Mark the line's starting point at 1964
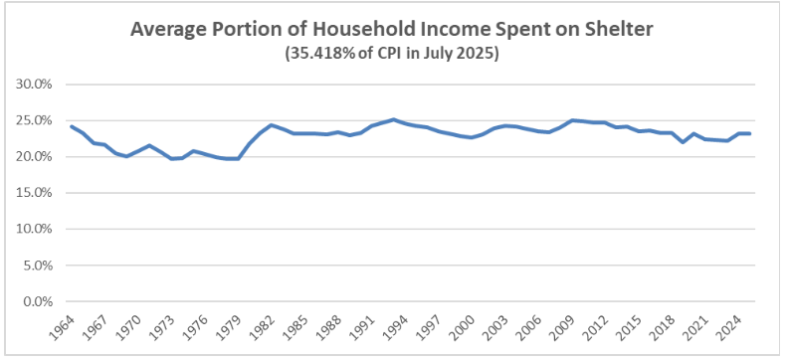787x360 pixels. pos(72,126)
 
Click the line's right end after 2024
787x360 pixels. pos(749,133)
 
